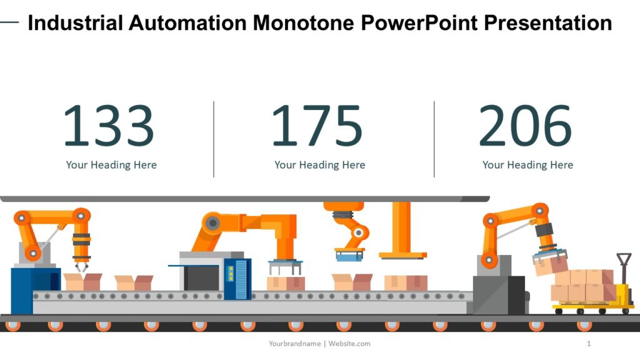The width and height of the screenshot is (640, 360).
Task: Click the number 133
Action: click(x=108, y=126)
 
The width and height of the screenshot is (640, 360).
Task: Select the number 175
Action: click(x=316, y=126)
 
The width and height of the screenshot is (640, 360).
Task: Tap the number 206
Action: click(x=525, y=126)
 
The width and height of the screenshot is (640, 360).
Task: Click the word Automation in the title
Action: click(x=187, y=23)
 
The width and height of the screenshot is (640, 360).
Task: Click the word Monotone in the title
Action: click(x=304, y=23)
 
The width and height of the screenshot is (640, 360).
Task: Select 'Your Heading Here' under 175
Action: click(x=319, y=165)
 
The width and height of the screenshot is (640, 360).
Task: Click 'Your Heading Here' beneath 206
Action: click(x=527, y=165)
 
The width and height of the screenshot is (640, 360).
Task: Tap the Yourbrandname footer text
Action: click(x=295, y=344)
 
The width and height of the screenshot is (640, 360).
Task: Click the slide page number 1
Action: click(x=589, y=344)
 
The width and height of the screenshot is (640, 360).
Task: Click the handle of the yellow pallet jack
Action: click(x=623, y=260)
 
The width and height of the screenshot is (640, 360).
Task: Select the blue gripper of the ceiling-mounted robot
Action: click(x=349, y=252)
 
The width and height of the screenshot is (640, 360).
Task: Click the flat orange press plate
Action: click(x=402, y=255)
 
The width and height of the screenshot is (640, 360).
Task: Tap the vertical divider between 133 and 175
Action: click(x=214, y=139)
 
